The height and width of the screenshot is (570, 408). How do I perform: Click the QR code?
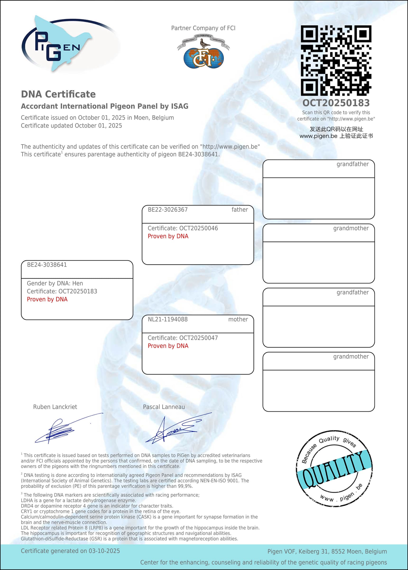tap(336, 60)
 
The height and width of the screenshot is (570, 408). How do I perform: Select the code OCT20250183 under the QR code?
tap(336, 103)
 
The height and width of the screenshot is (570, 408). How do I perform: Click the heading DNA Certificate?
tap(58, 94)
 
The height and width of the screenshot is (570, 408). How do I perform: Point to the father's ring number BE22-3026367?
tap(167, 210)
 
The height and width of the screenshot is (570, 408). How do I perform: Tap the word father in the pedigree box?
tap(239, 210)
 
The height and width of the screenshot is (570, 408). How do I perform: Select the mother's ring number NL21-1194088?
tap(167, 319)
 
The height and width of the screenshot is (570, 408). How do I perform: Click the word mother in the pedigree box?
tap(238, 319)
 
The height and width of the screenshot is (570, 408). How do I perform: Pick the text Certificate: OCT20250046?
tap(183, 228)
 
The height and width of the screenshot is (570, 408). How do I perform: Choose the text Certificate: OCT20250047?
tap(183, 338)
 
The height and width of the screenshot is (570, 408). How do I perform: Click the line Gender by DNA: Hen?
tap(55, 284)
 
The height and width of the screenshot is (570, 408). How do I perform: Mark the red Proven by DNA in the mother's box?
tap(168, 346)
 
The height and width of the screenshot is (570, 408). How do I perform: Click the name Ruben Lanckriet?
tap(55, 407)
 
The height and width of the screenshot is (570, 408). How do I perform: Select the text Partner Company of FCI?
tap(203, 28)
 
